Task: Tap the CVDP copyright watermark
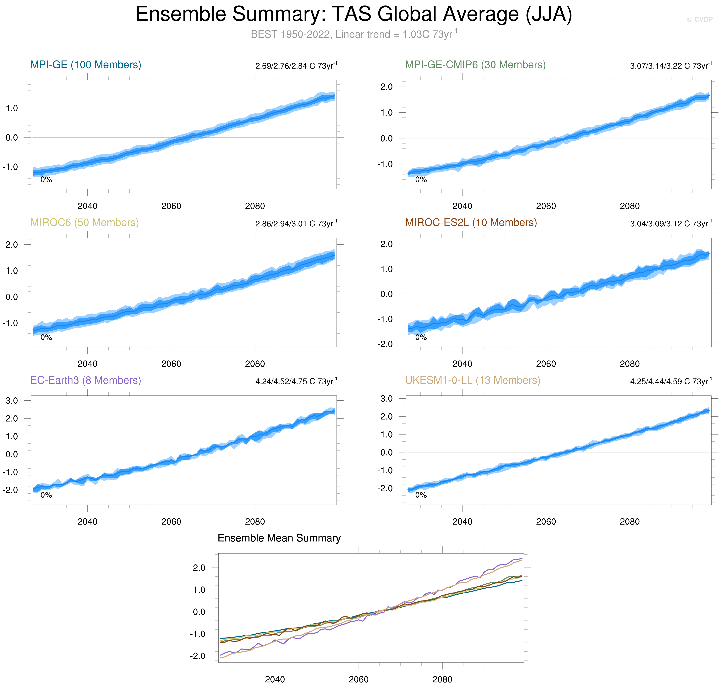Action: [699, 19]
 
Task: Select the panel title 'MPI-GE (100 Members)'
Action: [85, 65]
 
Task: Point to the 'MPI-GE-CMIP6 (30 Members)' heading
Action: [475, 65]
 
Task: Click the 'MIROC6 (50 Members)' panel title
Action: [84, 223]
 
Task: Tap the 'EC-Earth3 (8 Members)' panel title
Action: [85, 380]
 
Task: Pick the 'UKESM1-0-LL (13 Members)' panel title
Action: [472, 380]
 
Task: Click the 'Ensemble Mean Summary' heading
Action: [279, 538]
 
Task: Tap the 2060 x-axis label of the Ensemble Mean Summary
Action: [358, 679]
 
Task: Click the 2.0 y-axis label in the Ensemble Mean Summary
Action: [199, 568]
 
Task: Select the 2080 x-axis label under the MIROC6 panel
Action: [255, 364]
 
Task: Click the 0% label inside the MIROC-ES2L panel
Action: [421, 337]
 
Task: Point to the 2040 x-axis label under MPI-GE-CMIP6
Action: [462, 206]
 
